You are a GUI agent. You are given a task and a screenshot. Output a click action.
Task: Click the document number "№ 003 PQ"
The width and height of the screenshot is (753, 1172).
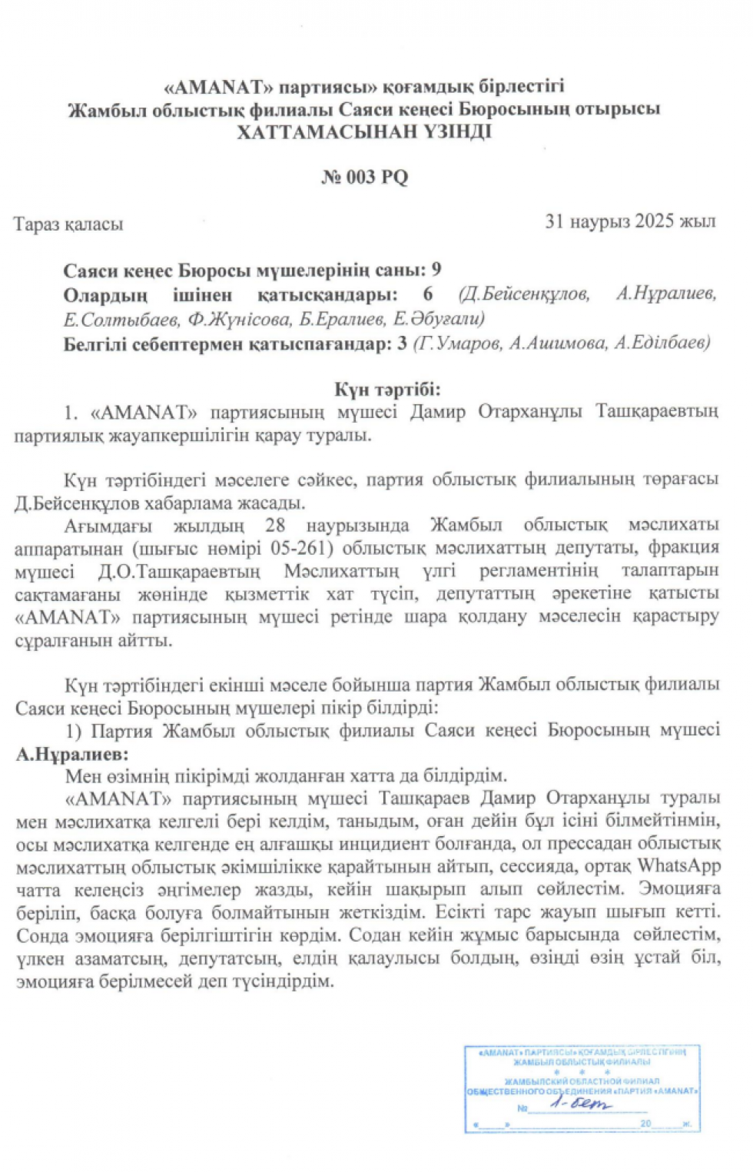pos(364,178)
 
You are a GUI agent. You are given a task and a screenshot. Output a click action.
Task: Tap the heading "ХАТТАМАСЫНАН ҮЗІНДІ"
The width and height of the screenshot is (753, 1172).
pos(364,131)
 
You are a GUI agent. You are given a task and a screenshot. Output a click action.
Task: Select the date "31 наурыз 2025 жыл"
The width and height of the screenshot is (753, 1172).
pos(630,221)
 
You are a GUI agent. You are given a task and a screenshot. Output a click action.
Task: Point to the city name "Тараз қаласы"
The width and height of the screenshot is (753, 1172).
pos(68,224)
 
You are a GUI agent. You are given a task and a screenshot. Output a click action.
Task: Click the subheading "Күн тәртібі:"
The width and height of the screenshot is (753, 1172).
pos(386,390)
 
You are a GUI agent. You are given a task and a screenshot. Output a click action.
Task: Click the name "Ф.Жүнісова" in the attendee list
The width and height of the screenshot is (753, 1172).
pos(239,319)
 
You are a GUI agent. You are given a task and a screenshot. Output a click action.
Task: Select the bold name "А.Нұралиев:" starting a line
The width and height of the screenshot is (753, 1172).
pos(72,754)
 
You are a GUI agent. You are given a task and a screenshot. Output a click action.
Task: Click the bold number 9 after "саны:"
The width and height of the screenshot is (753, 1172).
pos(436,270)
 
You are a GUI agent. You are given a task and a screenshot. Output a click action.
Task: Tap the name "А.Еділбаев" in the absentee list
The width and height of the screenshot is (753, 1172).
pos(662,343)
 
